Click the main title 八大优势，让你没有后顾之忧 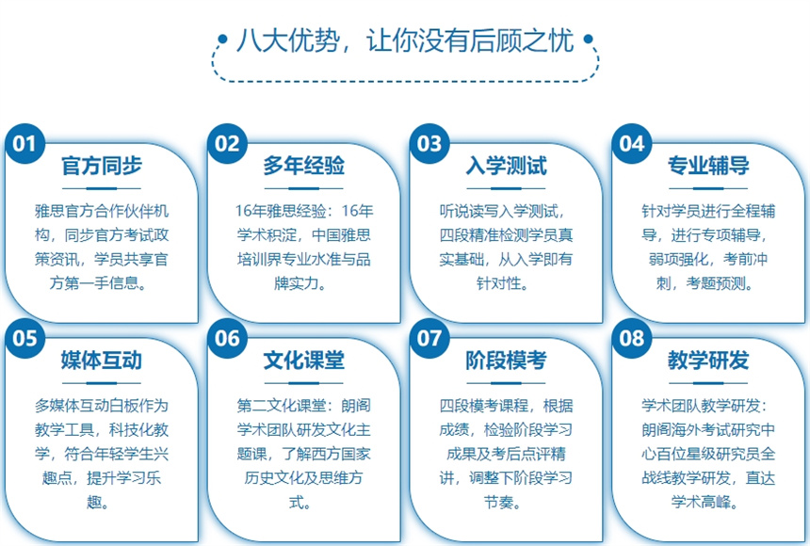(405, 40)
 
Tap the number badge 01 (24, 144)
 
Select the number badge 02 (227, 144)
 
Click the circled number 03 (429, 144)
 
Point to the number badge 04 (632, 144)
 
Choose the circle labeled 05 (24, 338)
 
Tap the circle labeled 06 (227, 338)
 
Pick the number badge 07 (429, 338)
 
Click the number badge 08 (632, 338)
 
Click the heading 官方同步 (102, 166)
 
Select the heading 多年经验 (303, 166)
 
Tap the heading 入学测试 (507, 166)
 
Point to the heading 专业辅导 (708, 166)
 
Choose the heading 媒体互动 (102, 361)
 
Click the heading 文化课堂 (303, 361)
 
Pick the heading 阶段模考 (507, 361)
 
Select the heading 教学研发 (708, 361)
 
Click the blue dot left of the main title (222, 39)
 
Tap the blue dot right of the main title (588, 39)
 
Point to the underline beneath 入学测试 (507, 188)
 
